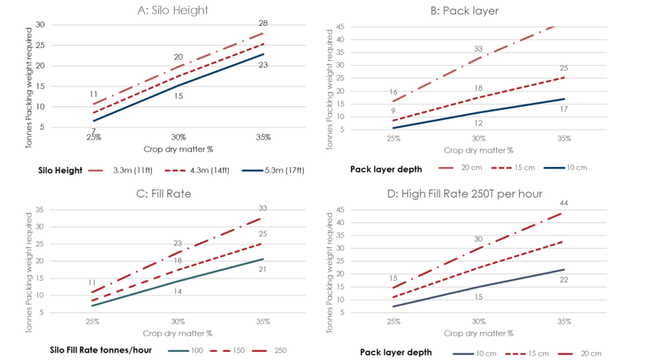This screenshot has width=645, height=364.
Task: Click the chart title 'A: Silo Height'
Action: tap(178, 10)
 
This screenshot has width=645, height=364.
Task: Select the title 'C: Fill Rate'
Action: tap(178, 193)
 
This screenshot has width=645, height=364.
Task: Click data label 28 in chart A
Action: tap(263, 23)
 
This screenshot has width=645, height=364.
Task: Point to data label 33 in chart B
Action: tap(478, 48)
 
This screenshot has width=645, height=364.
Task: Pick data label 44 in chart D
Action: tap(564, 203)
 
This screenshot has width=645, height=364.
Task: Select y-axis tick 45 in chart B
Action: tap(340, 26)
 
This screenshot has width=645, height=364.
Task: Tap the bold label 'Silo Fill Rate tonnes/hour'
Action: tap(102, 350)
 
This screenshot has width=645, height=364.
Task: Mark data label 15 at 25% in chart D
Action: tap(393, 278)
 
